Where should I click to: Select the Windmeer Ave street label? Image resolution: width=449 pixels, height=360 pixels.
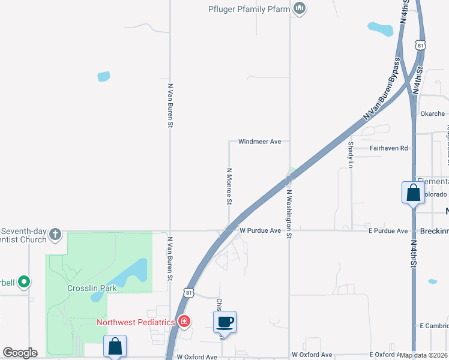259,142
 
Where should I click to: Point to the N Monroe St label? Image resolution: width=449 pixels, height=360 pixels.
229,186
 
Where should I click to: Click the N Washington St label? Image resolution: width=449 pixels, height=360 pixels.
289,214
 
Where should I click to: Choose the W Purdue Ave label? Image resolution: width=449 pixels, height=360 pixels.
260,230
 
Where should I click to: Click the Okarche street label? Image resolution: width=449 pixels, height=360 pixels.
432,113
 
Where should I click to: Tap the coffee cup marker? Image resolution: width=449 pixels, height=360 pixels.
225,322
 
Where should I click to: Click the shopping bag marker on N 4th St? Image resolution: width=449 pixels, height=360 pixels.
413,193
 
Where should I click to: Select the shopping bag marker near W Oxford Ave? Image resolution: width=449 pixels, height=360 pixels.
115,346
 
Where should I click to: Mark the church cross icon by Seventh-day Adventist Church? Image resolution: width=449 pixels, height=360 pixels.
55,233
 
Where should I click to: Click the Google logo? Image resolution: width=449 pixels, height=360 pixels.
20,353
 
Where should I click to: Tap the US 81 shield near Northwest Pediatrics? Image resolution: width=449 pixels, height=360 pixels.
190,292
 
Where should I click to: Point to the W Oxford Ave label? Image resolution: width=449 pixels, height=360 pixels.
196,356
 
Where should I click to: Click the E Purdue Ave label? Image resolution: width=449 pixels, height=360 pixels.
388,230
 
